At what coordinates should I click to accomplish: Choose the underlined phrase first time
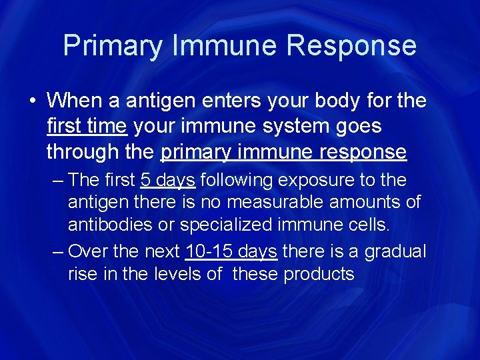pos(86,126)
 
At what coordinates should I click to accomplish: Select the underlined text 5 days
pos(167,181)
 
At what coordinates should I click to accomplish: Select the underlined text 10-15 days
pos(232,251)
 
